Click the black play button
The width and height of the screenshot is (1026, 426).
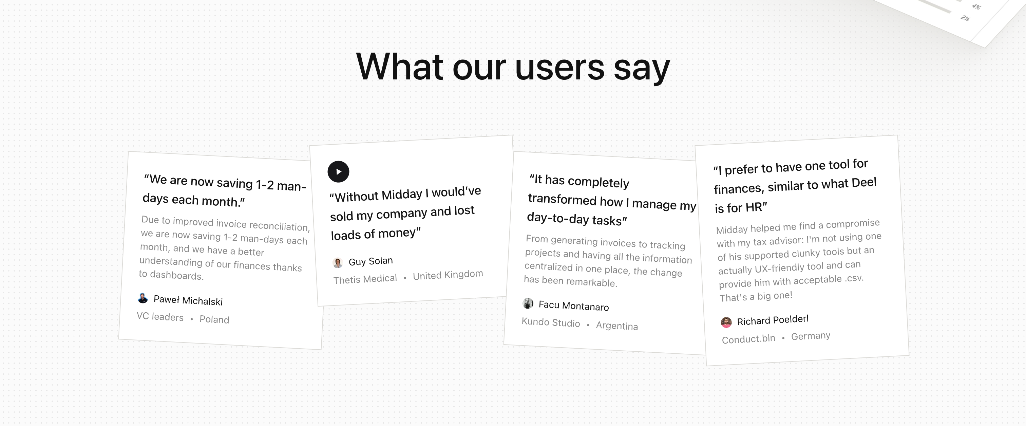point(338,171)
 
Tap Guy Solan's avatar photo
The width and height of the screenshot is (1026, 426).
point(337,263)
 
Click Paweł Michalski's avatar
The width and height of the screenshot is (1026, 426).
point(142,298)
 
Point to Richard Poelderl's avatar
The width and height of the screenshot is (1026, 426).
point(726,322)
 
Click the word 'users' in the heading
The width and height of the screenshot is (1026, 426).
point(559,67)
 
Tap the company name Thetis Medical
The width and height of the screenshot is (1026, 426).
point(365,279)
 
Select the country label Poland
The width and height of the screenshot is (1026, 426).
point(214,320)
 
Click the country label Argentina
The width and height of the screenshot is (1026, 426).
point(617,326)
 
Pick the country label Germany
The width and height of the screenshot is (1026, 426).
point(811,336)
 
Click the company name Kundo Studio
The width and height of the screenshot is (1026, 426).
point(551,322)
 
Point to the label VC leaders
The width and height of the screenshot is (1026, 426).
point(160,316)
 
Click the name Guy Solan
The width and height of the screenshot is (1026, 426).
point(370,261)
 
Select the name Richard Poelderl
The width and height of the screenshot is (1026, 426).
point(773,320)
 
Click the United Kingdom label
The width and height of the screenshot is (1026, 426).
point(448,275)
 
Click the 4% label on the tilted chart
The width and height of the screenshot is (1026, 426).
point(976,7)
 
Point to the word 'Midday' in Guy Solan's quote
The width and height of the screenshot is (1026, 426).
point(402,195)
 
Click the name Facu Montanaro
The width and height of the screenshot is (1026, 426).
point(573,305)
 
